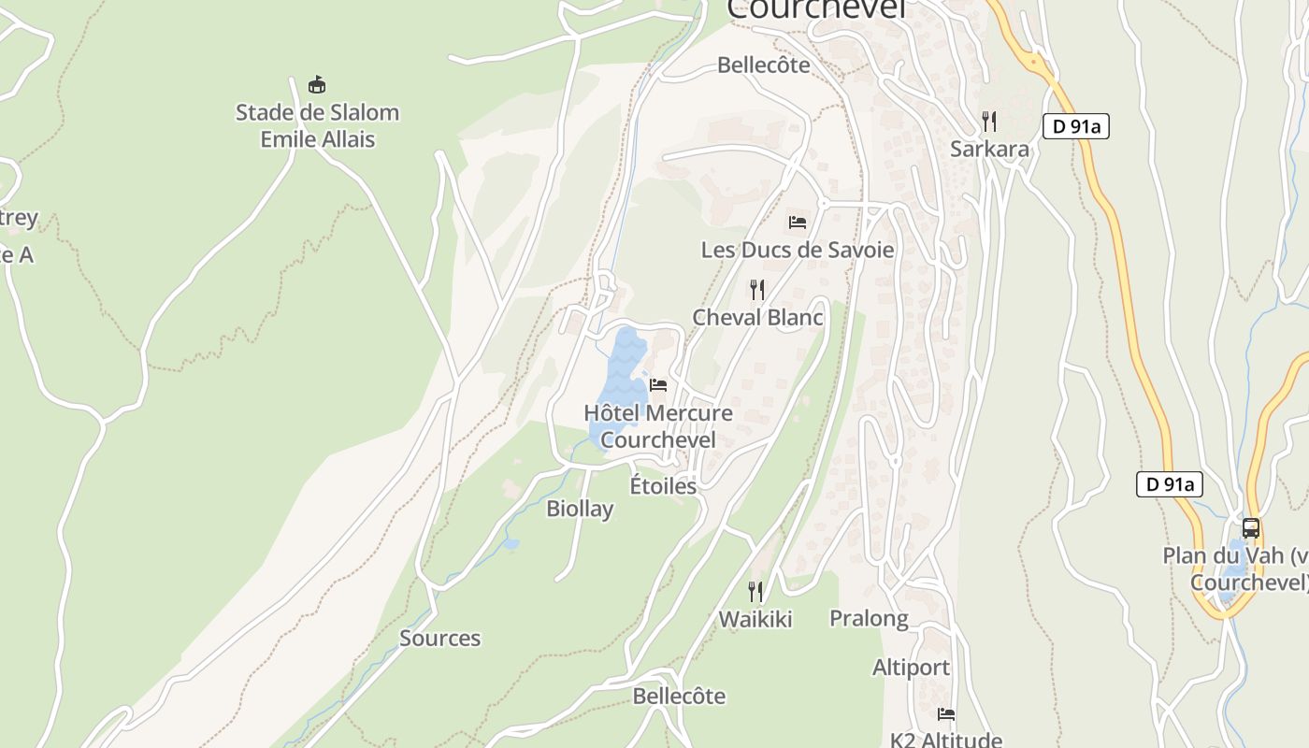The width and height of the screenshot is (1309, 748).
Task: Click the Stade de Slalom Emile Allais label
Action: (317, 125)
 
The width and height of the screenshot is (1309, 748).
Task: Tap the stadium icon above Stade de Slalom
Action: (317, 85)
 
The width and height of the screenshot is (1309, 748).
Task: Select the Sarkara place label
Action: (989, 149)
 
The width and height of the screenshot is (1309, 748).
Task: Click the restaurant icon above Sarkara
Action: (989, 121)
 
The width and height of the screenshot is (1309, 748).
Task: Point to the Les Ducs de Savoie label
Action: (798, 250)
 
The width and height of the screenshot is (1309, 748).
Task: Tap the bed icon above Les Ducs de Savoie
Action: (798, 223)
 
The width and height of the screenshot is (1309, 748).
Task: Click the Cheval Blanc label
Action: (757, 317)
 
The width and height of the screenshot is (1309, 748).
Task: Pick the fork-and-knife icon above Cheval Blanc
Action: (757, 290)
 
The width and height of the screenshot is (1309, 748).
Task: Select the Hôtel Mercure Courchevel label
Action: (658, 425)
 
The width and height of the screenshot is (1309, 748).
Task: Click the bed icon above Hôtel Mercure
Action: (658, 385)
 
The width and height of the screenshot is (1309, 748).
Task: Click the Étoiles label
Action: (663, 485)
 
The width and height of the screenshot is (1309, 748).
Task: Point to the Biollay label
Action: (580, 509)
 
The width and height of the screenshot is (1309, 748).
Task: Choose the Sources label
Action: (439, 639)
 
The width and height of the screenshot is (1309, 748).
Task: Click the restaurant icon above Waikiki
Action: (755, 591)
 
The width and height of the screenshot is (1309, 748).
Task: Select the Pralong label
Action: (869, 618)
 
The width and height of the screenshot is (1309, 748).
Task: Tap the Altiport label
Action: (911, 668)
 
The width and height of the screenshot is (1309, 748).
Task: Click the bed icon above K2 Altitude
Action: (946, 714)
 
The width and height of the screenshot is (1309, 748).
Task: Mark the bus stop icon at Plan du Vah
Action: (1251, 528)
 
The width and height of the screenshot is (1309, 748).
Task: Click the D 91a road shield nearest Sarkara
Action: (1076, 126)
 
